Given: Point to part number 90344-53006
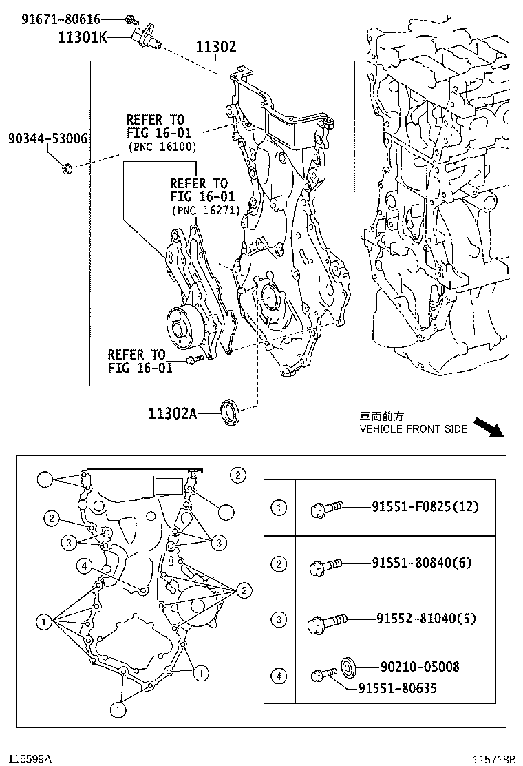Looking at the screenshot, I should pyautogui.click(x=47, y=139).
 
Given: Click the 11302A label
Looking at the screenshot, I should pyautogui.click(x=172, y=413).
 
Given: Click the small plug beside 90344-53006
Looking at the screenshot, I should pyautogui.click(x=68, y=167).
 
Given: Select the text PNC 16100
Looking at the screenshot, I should pyautogui.click(x=162, y=147).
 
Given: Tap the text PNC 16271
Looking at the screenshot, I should pyautogui.click(x=206, y=211).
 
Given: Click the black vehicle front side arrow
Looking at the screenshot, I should pyautogui.click(x=490, y=427).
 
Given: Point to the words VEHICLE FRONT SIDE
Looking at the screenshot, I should pyautogui.click(x=414, y=428).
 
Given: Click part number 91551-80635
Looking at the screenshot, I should pyautogui.click(x=397, y=687).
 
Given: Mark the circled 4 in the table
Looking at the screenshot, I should pyautogui.click(x=279, y=676).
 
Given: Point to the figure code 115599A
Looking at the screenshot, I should pyautogui.click(x=27, y=758).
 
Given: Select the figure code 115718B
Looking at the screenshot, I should pyautogui.click(x=494, y=759).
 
